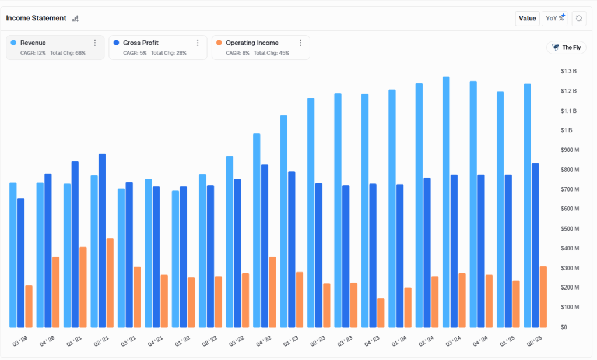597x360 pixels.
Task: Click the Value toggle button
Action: (527, 18)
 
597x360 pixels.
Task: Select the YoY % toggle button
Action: (554, 18)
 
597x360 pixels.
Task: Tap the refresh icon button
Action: (579, 18)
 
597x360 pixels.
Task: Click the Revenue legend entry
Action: (33, 43)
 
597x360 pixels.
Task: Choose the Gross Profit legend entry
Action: (141, 43)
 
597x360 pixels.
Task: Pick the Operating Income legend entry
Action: (252, 43)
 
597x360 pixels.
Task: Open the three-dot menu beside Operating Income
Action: (300, 43)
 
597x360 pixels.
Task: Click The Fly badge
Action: (566, 47)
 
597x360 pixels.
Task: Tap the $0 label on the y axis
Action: (563, 327)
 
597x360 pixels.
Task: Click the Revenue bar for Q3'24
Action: (446, 202)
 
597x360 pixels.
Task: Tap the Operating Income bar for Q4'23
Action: (381, 313)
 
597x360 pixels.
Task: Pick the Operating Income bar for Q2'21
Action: (110, 283)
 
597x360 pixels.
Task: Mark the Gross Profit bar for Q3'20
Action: (21, 263)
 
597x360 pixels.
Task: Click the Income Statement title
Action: (36, 18)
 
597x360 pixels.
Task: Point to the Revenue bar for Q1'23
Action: (284, 221)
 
